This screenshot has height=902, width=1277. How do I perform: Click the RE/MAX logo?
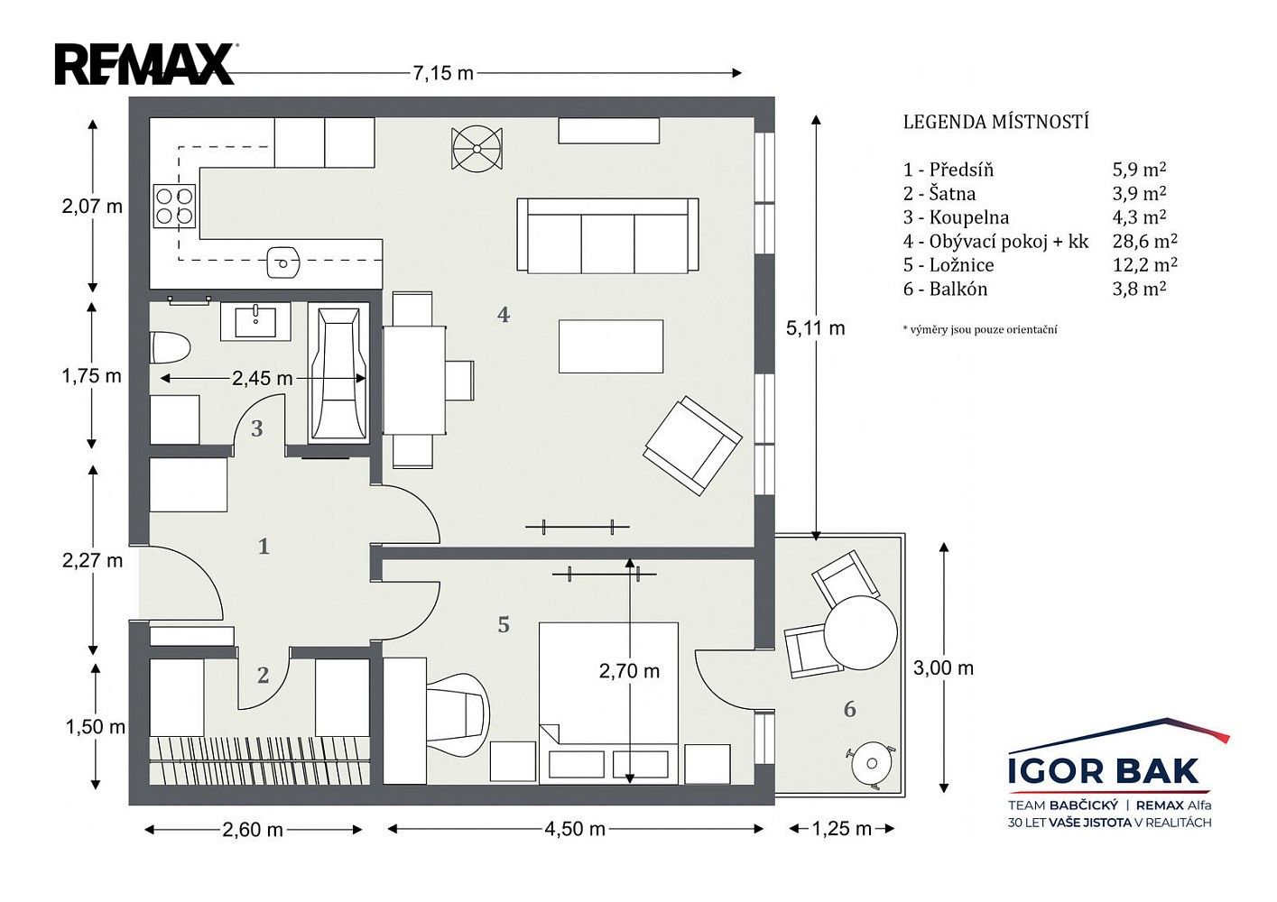[144, 64]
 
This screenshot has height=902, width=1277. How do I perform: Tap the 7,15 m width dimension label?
[443, 73]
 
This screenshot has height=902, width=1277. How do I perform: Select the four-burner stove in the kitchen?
[174, 206]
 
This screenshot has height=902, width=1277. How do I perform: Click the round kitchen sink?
[282, 262]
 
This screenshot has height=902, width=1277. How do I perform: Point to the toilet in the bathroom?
[170, 347]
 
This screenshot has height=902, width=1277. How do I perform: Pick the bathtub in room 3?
[338, 373]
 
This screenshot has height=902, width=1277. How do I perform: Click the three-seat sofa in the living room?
[607, 235]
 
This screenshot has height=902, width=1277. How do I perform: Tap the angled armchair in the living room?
[692, 446]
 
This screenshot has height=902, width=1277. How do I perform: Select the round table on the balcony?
[861, 632]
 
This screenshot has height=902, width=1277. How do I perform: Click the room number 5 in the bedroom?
[504, 624]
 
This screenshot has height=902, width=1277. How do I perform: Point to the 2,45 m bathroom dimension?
[263, 378]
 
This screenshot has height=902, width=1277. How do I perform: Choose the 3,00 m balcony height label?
[943, 667]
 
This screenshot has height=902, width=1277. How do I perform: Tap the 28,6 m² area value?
[1144, 241]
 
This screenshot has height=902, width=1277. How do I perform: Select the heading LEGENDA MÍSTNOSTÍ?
[996, 122]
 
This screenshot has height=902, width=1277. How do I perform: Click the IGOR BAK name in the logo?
[1104, 770]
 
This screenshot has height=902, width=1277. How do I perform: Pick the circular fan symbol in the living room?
[477, 148]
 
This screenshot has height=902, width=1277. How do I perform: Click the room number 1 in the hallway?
[264, 547]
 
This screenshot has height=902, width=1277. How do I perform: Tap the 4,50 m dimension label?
[575, 829]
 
